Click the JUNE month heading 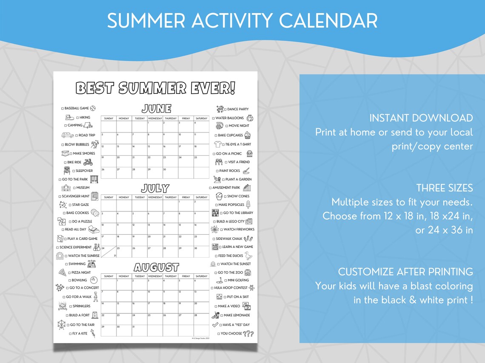coord(156,109)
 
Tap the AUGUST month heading coord(156,267)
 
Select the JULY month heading coord(155,188)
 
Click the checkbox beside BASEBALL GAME coord(63,108)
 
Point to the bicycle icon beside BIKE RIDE coord(88,162)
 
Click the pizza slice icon coord(62,272)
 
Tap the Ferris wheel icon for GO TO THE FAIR coord(62,325)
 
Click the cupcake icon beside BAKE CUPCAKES coord(248,135)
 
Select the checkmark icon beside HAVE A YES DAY coord(215,325)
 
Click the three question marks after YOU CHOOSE coord(248,334)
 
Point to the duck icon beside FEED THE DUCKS coord(249,256)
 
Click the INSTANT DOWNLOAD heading coord(421,118)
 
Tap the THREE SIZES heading coord(445,188)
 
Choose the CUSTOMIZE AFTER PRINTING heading coord(405,271)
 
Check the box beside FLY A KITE coord(71,334)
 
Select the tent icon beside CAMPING coord(88,125)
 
